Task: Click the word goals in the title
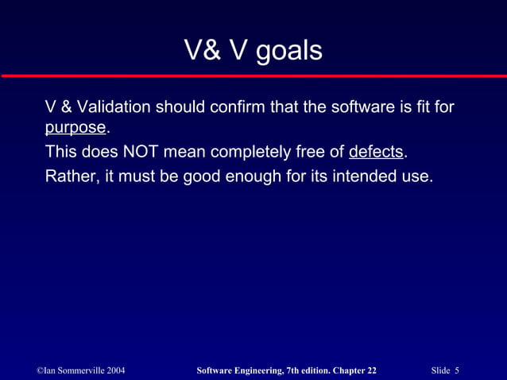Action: pos(288,51)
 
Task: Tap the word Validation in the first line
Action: pos(113,107)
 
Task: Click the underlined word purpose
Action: pos(75,129)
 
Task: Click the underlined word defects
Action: pos(377,152)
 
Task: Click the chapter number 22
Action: pos(371,370)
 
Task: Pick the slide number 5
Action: pos(458,370)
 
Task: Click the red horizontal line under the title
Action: pos(253,76)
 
